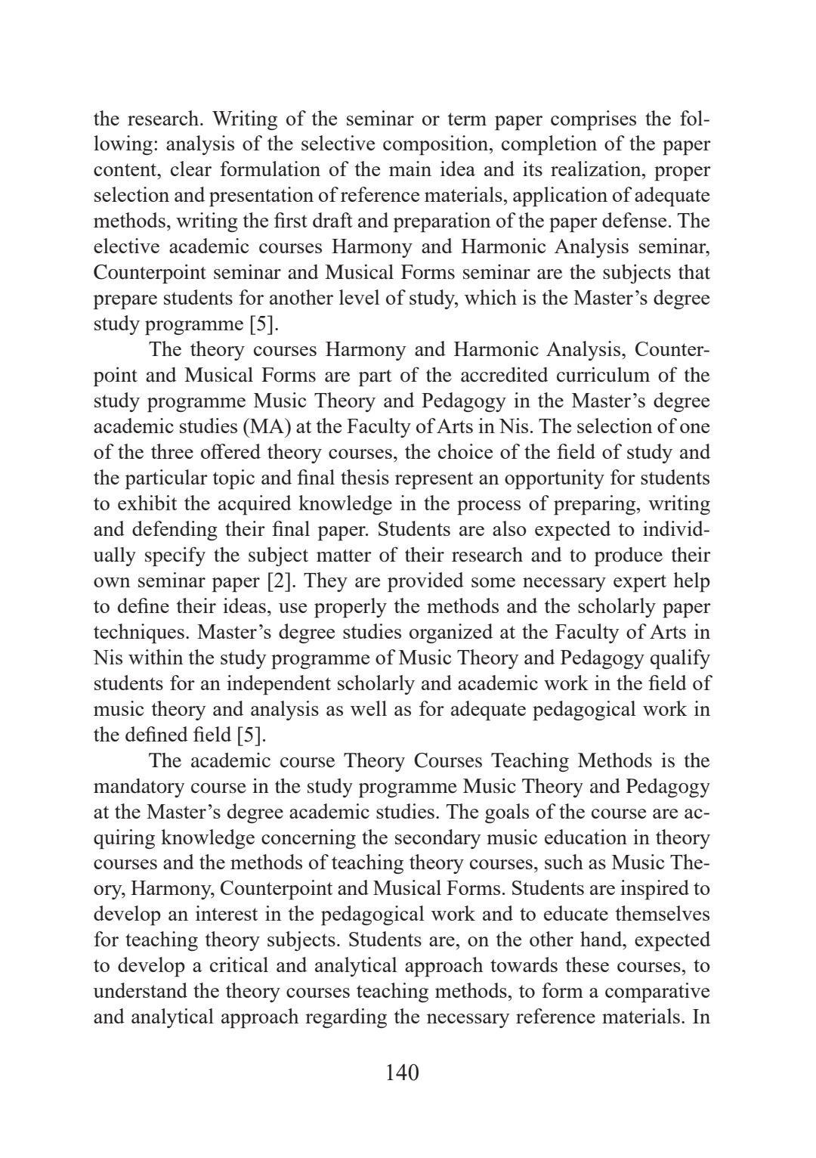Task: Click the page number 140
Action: click(401, 1072)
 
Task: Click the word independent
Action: click(258, 684)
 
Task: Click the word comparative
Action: click(660, 992)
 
